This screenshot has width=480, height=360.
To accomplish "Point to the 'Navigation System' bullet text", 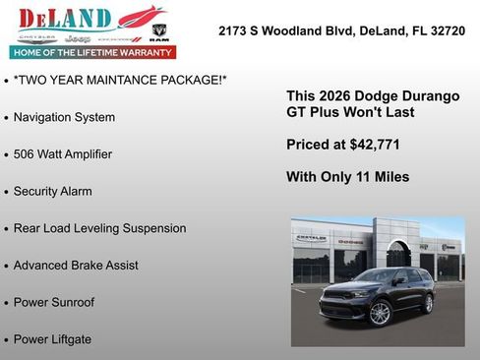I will [64, 117].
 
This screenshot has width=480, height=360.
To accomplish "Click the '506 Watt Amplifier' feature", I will [63, 154].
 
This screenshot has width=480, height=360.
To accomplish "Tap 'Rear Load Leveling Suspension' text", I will [99, 228].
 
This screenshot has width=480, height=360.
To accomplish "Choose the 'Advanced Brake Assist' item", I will [76, 266].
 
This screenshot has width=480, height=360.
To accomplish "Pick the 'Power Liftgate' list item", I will [52, 339].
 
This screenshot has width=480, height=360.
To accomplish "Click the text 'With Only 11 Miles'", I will [347, 177].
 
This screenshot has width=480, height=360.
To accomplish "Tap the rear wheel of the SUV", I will [427, 303].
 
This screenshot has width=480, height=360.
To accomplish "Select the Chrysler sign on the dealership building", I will [312, 239].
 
